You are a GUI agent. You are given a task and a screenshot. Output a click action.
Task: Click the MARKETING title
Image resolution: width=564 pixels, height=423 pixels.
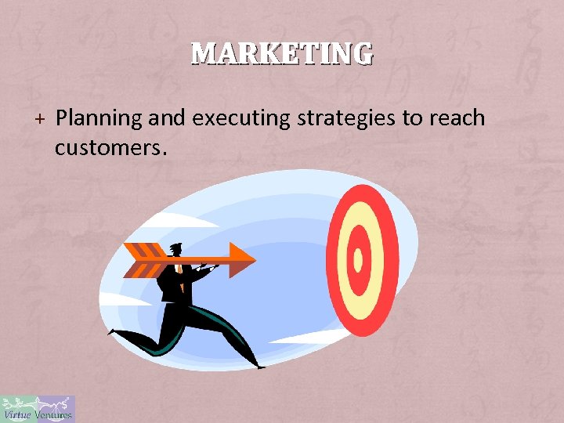tap(282, 53)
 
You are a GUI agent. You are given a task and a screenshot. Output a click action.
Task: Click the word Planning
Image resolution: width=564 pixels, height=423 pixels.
tap(99, 118)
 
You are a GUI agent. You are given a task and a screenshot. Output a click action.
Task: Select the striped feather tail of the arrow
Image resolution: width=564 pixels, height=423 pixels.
tap(145, 260)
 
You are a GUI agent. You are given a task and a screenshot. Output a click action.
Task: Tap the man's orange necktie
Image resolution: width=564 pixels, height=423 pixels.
tap(181, 274)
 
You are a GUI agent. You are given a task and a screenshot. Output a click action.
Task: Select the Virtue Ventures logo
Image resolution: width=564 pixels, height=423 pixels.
tap(38, 409)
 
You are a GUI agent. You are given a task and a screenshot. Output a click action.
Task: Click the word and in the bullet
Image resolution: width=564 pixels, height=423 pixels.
tap(164, 118)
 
